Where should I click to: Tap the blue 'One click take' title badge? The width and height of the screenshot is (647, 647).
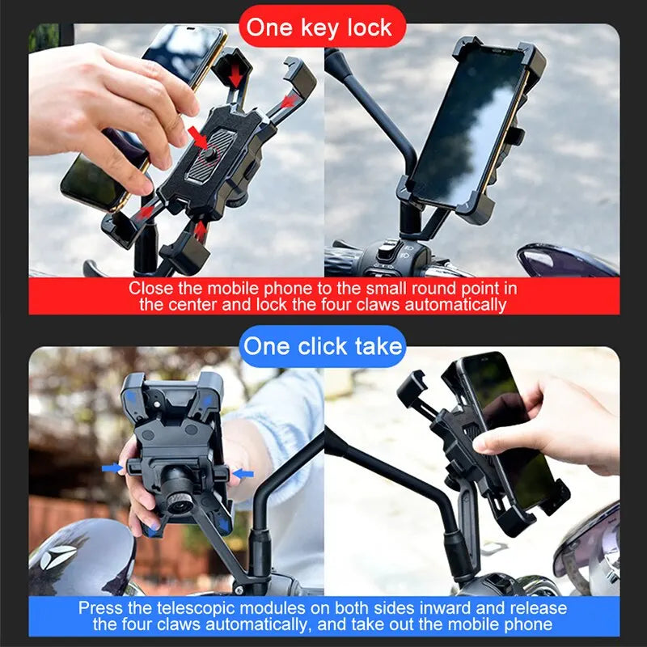[323, 347]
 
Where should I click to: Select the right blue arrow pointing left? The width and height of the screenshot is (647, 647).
[243, 472]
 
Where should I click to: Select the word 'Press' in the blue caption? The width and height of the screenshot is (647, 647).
[100, 608]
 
